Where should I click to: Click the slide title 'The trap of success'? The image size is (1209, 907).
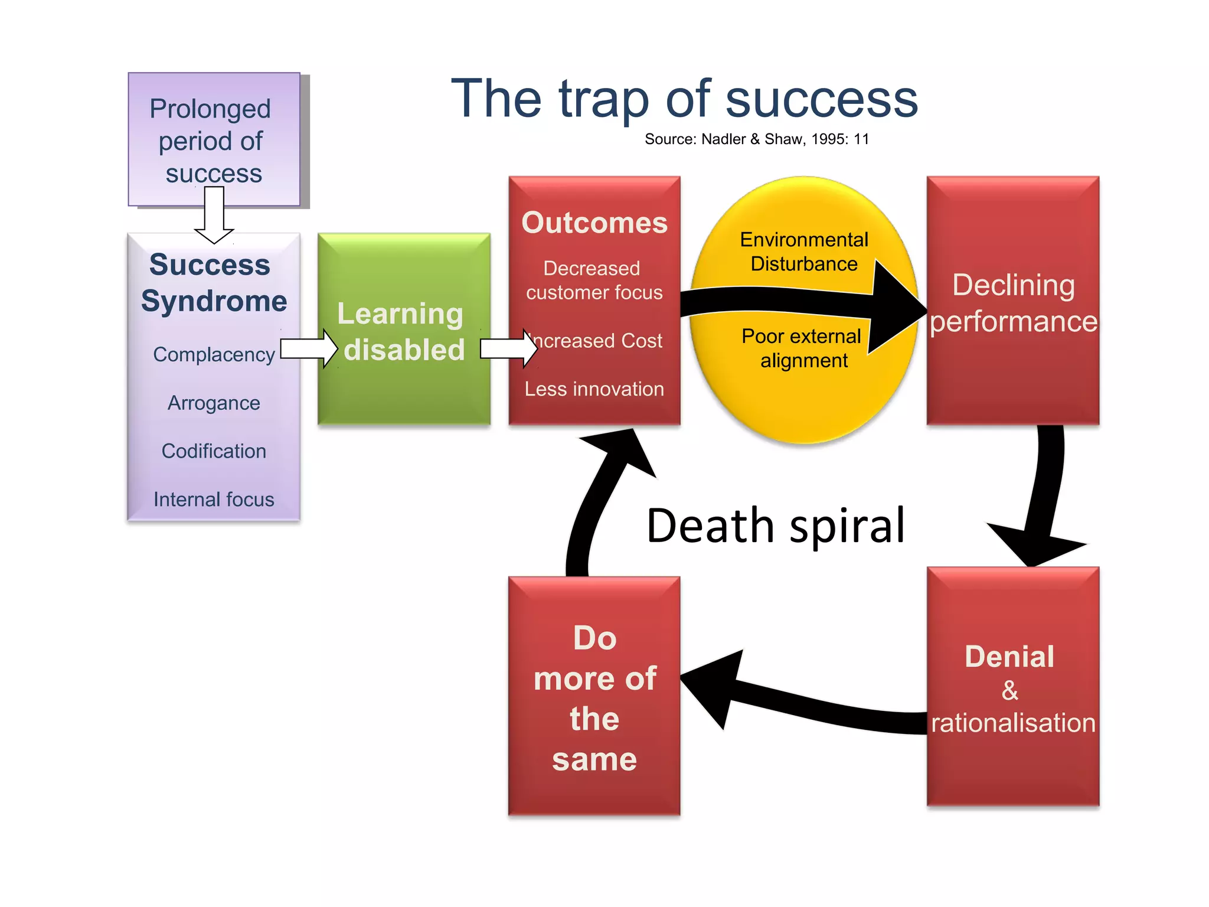pos(684,99)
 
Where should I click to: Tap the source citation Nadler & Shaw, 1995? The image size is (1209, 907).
pos(756,139)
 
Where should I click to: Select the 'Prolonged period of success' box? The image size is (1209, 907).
pos(214,139)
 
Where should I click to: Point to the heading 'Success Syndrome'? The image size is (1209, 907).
pos(214,283)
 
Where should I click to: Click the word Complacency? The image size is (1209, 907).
pos(214,354)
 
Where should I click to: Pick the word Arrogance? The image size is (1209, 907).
pos(214,403)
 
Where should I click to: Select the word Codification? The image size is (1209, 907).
pos(214,451)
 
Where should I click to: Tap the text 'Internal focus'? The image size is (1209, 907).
pos(214,500)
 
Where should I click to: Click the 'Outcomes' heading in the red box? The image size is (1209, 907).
pos(594,223)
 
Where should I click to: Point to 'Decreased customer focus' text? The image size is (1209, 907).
pos(594,280)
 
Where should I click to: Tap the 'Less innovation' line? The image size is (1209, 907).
pos(594,389)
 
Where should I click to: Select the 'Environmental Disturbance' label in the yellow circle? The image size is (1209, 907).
pos(804,252)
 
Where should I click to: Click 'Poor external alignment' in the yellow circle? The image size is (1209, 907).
pos(802,348)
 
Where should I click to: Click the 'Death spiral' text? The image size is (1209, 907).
pos(775,526)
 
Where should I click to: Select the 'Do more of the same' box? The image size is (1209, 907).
pos(594,697)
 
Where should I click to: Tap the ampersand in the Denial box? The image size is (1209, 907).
pos(1010,690)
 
